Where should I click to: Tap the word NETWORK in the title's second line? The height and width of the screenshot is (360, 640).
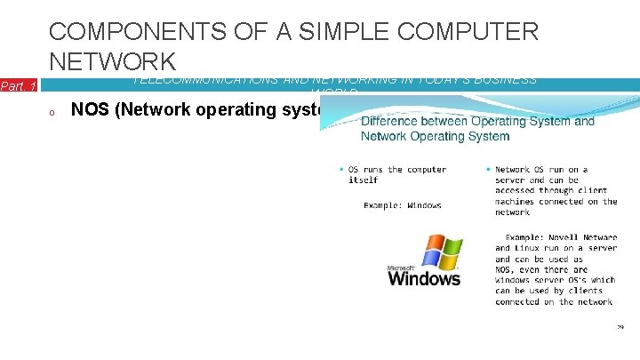pos(113,61)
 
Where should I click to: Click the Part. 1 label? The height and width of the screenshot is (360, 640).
pos(18,86)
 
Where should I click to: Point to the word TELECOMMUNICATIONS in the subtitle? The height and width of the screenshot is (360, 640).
pos(207,80)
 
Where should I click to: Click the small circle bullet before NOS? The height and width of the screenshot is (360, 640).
pos(53,112)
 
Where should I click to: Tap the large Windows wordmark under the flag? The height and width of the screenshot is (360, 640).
pos(425,279)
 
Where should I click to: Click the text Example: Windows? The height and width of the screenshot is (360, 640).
pos(402,205)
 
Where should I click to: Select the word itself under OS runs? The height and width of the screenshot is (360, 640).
pos(363,180)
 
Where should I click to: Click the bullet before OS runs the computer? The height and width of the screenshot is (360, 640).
pos(341,170)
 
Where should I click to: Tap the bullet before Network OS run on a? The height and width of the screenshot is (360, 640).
pos(488,170)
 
